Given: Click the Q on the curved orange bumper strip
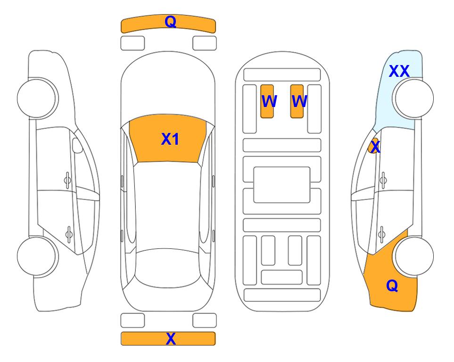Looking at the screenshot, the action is pyautogui.click(x=171, y=21).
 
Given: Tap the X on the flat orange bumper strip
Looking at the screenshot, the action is pyautogui.click(x=171, y=338).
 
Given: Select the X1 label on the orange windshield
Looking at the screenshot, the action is pyautogui.click(x=170, y=139).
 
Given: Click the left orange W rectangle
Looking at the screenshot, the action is pyautogui.click(x=267, y=101).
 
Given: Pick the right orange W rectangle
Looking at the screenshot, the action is pyautogui.click(x=297, y=101).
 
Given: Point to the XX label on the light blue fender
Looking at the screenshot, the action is pyautogui.click(x=399, y=71).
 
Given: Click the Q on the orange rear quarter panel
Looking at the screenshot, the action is pyautogui.click(x=392, y=286).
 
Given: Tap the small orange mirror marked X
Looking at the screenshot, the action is pyautogui.click(x=373, y=146).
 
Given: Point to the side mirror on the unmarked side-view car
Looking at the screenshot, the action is pyautogui.click(x=77, y=145).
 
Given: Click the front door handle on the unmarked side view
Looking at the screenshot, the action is pyautogui.click(x=67, y=181).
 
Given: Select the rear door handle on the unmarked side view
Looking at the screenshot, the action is pyautogui.click(x=69, y=234).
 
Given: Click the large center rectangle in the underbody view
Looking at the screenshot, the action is pyautogui.click(x=282, y=185).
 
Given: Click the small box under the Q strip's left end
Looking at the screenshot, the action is pyautogui.click(x=132, y=43).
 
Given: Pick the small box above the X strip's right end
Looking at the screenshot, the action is pyautogui.click(x=205, y=321).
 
